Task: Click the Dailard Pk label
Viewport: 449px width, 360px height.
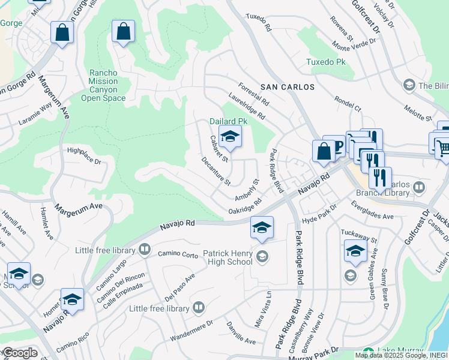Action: [x=228, y=121]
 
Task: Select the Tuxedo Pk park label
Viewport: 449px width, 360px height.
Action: [x=326, y=62]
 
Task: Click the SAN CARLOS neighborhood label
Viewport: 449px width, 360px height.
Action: [x=288, y=87]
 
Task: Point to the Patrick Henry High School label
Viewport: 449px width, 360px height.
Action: [x=228, y=257]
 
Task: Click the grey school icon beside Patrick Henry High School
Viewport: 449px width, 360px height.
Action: [x=262, y=257]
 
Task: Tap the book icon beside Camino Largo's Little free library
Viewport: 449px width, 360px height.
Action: [x=144, y=249]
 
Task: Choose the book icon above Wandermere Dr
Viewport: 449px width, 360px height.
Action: [x=199, y=308]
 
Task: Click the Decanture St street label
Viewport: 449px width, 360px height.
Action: [x=216, y=170]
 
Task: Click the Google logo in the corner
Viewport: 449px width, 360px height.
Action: [x=19, y=352]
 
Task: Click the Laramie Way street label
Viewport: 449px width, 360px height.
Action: [x=35, y=114]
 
